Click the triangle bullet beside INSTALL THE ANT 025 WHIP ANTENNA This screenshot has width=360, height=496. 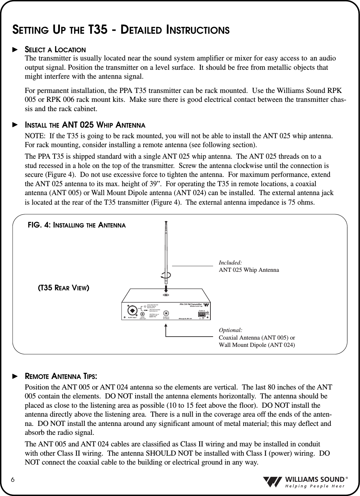[14, 125]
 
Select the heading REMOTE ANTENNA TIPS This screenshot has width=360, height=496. [61, 377]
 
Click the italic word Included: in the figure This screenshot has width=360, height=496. [230, 263]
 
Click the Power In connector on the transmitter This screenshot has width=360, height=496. [202, 314]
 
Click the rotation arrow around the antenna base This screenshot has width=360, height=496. [165, 275]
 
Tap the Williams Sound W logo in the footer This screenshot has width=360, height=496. [273, 482]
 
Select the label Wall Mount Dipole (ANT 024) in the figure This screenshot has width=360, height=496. [257, 345]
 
